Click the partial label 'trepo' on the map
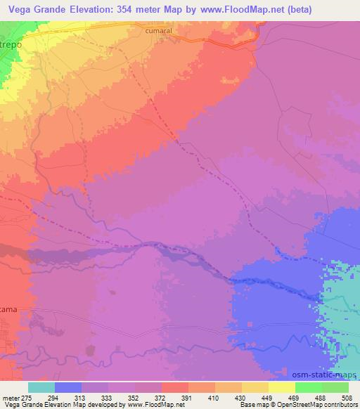[10, 44]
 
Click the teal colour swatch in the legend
[41, 387]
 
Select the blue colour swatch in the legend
[68, 387]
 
